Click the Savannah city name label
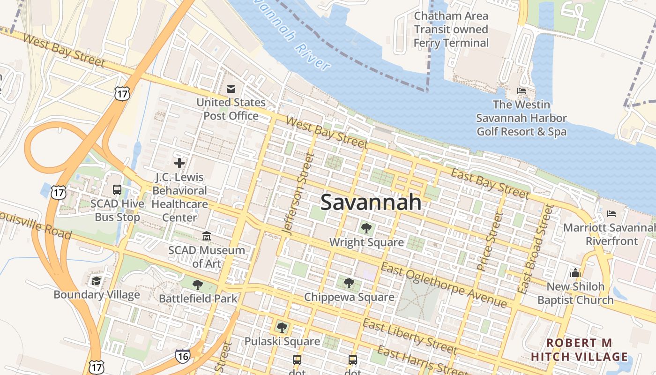(371, 202)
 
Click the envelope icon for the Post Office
(231, 89)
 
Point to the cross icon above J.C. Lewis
(179, 163)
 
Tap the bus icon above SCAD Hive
(117, 190)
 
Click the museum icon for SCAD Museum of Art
(207, 236)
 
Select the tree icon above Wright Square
(366, 228)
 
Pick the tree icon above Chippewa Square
(349, 283)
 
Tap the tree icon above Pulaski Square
(282, 327)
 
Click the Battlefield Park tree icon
(198, 285)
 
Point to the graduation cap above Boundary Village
(97, 281)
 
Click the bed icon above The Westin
(521, 90)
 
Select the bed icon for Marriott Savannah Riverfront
(611, 214)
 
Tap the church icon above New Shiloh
(575, 273)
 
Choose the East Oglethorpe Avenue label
(443, 285)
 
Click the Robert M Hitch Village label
(579, 350)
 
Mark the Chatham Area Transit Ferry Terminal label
(451, 30)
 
